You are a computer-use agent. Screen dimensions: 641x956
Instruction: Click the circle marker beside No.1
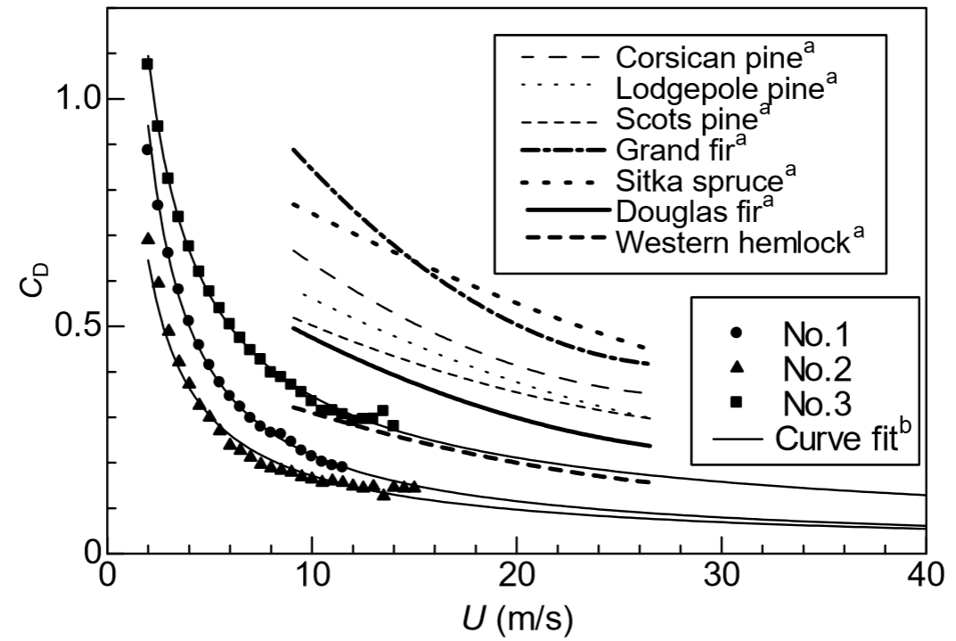pos(737,333)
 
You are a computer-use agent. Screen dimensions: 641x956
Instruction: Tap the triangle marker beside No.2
pos(737,369)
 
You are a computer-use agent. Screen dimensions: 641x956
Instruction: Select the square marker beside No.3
pos(737,404)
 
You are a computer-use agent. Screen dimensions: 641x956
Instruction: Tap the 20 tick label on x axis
pos(517,578)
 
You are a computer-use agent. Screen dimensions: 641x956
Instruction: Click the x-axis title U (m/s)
pos(517,618)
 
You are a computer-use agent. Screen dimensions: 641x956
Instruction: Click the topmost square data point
pos(148,63)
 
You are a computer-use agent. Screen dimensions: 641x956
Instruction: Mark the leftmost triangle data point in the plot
pos(148,238)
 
